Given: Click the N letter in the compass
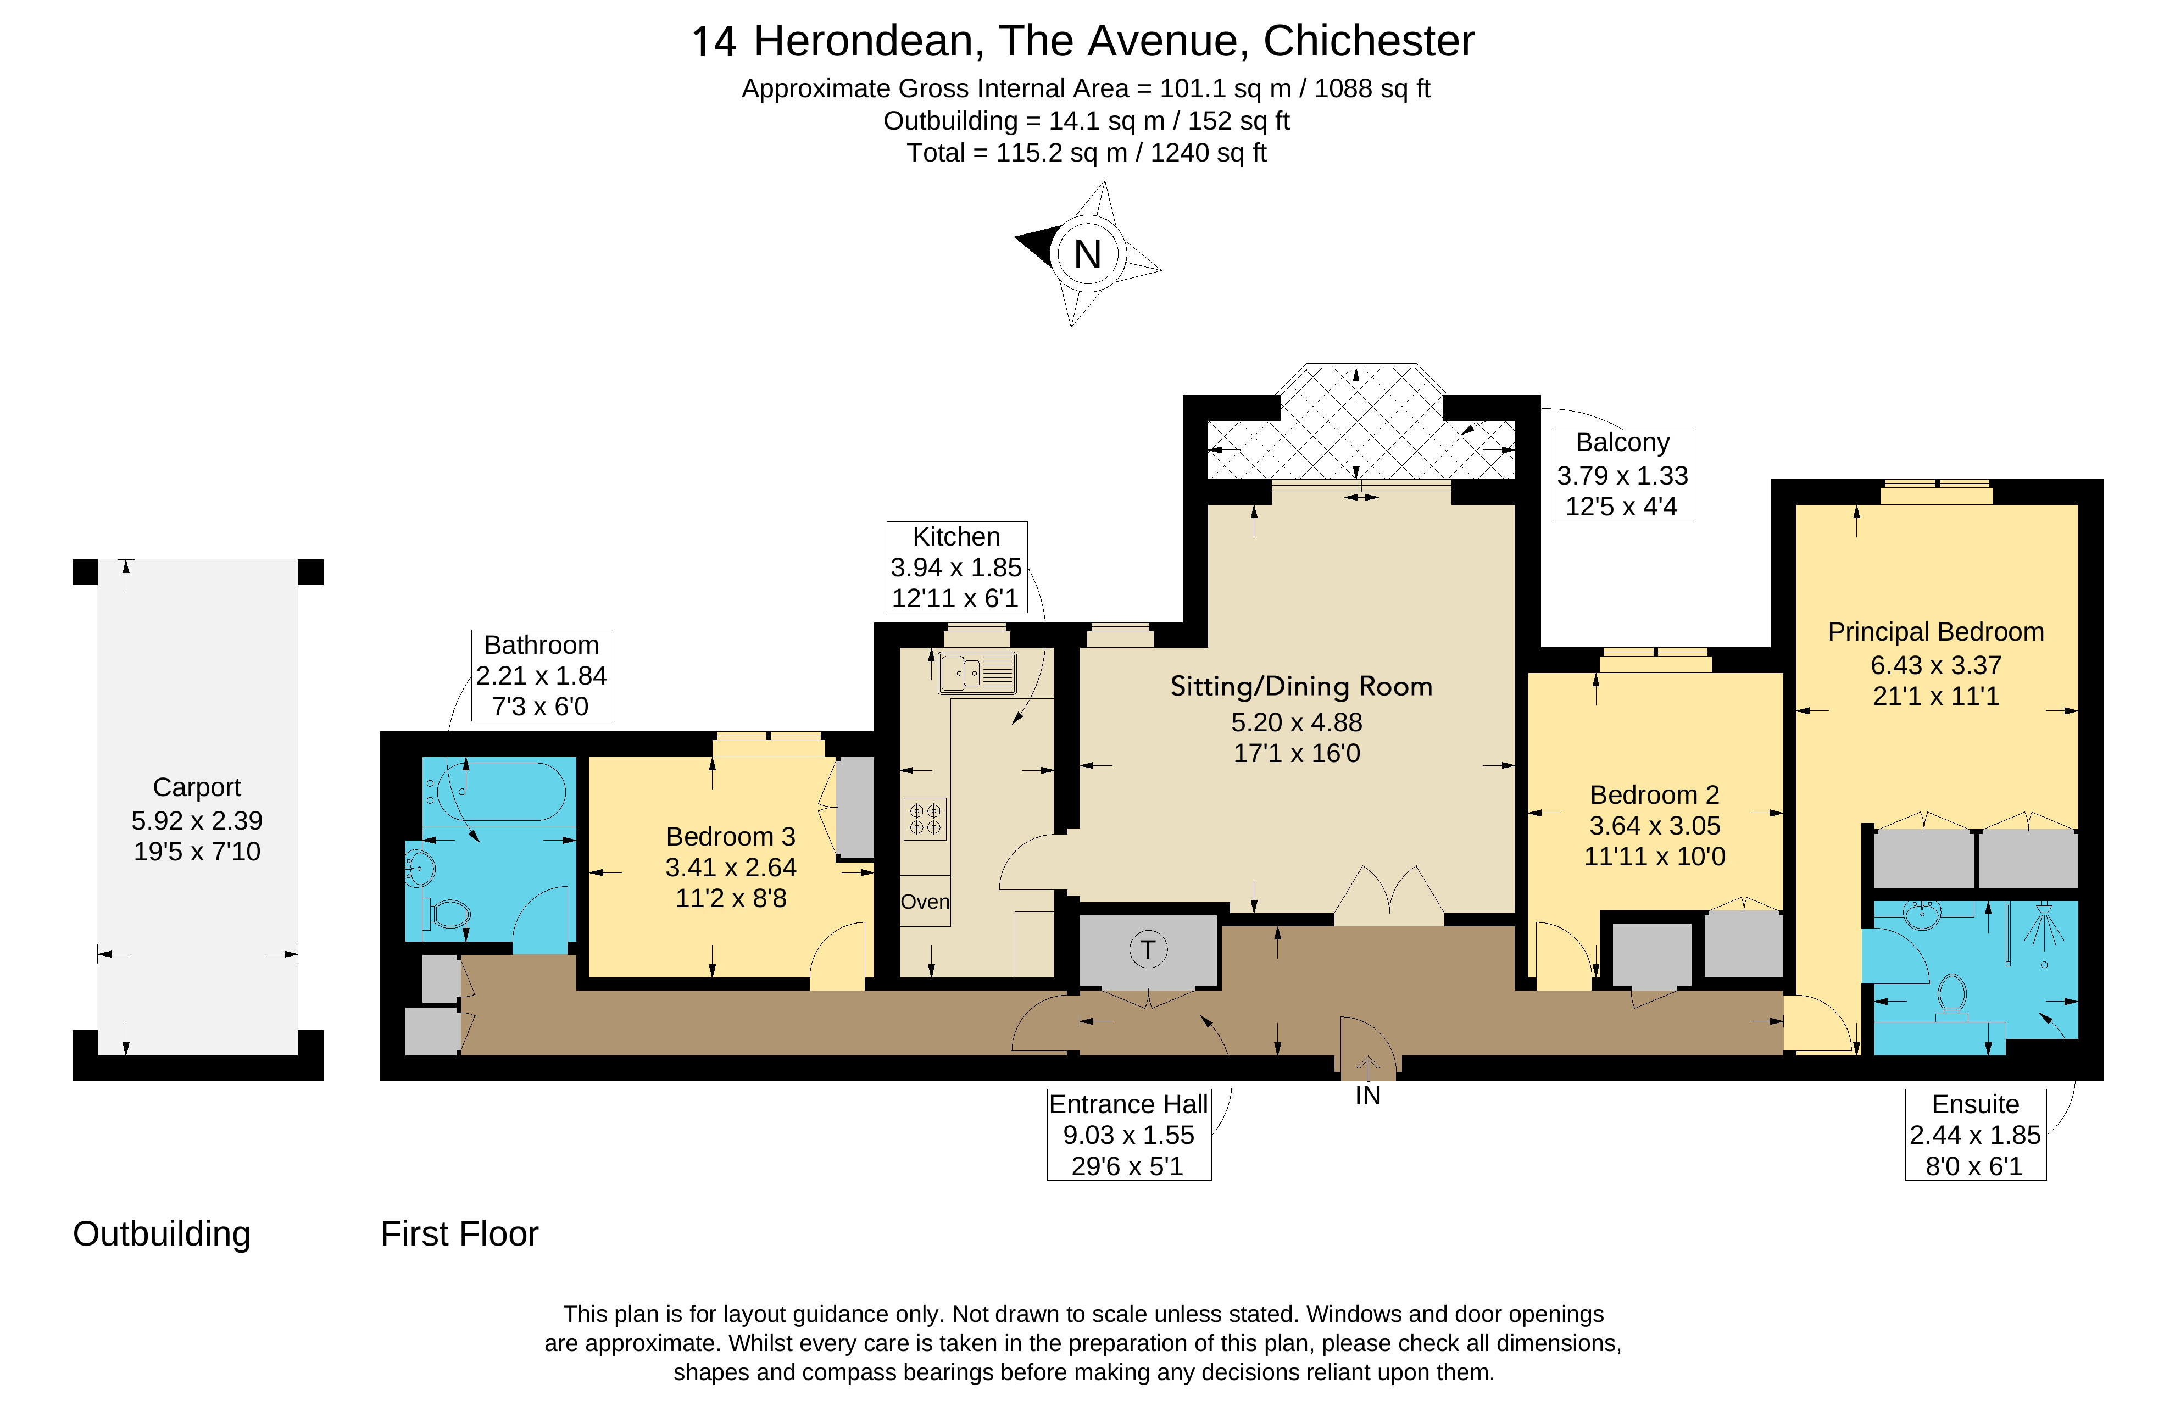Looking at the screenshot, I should pyautogui.click(x=1087, y=255).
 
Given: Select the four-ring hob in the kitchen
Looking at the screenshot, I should pyautogui.click(x=924, y=819).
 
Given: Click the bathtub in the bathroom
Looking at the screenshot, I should pyautogui.click(x=501, y=792).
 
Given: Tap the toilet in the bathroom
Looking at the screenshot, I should pyautogui.click(x=448, y=913).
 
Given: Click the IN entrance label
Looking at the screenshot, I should pyautogui.click(x=1367, y=1096).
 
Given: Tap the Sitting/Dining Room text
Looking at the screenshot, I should pyautogui.click(x=1301, y=687).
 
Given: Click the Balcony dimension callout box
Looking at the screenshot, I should pyautogui.click(x=1622, y=475).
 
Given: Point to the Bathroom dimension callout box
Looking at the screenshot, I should pyautogui.click(x=541, y=675).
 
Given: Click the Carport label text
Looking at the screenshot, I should pyautogui.click(x=197, y=787).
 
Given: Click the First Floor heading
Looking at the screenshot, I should pyautogui.click(x=459, y=1235).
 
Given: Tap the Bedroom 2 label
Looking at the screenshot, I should pyautogui.click(x=1654, y=795).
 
